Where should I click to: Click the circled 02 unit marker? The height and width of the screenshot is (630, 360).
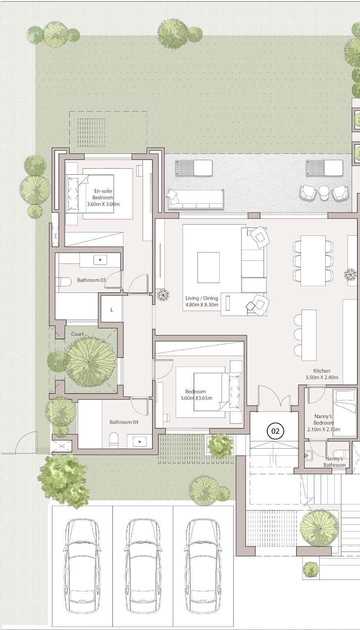[x=275, y=431]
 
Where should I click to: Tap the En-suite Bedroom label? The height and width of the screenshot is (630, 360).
[x=103, y=197]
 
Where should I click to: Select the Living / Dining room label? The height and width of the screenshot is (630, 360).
[x=202, y=301]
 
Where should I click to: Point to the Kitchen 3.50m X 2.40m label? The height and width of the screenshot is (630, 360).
[x=322, y=374]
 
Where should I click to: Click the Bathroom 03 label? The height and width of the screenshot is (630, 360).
[x=92, y=280]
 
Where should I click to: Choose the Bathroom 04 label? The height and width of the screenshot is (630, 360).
[x=124, y=422]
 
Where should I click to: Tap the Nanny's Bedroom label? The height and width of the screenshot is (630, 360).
[x=323, y=423]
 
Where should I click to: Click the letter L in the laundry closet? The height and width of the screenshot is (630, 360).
[x=112, y=310]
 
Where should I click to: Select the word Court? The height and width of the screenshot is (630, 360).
[x=77, y=334]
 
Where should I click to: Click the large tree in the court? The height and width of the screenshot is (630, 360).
[x=90, y=362]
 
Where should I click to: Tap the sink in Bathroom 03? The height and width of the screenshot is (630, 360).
[x=100, y=260]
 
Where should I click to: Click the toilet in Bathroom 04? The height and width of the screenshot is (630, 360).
[x=114, y=440]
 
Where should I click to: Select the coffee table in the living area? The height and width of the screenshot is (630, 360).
[x=209, y=268]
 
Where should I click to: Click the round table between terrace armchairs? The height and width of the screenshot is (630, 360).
[x=324, y=192]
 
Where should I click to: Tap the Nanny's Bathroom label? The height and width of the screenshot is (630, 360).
[x=335, y=462]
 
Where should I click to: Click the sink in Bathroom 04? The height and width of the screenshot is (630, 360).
[x=140, y=442]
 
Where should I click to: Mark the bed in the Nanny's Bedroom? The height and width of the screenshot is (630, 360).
[x=341, y=413]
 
